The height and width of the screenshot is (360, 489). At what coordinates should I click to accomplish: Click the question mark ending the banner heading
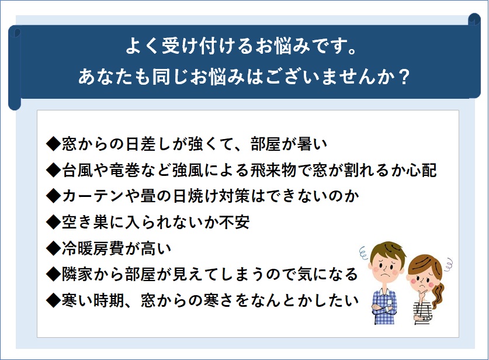point(404,77)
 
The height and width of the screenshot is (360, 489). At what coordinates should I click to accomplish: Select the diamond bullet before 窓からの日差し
point(53,144)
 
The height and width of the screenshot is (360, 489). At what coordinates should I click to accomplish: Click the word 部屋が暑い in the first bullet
point(289,144)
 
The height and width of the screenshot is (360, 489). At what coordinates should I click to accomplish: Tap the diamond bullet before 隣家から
point(53,275)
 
